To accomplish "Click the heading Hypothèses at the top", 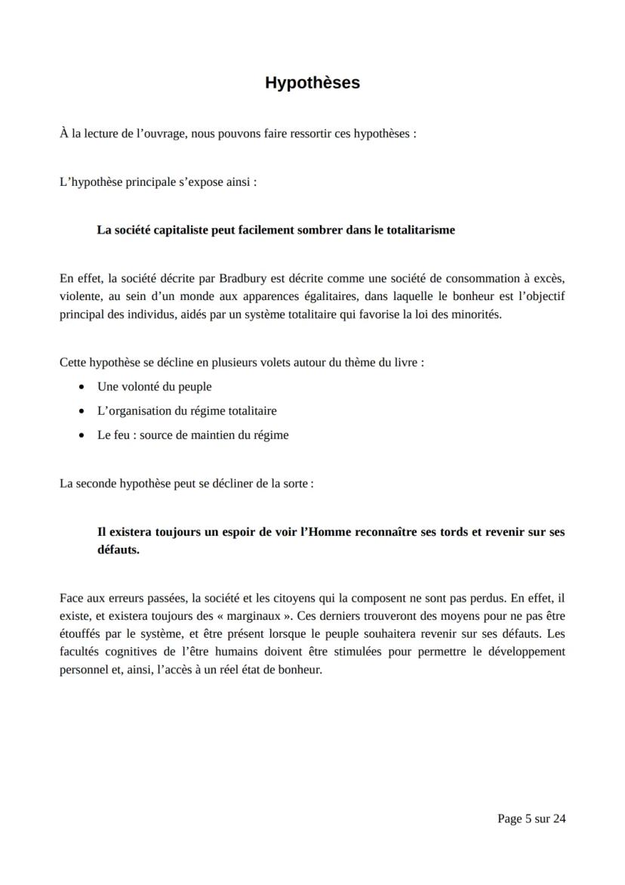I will [x=312, y=83].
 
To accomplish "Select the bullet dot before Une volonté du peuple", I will [x=82, y=387].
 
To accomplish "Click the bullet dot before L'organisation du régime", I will [x=82, y=411].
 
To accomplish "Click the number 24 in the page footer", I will [x=559, y=818].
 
